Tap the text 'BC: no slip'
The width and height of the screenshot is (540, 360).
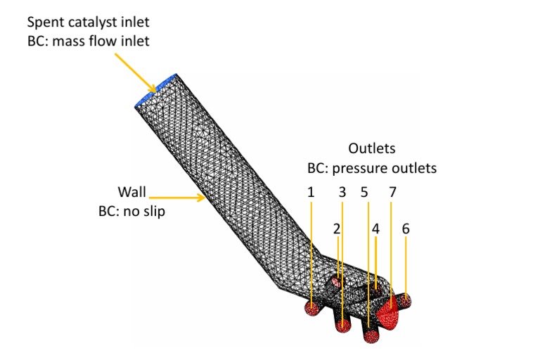pyautogui.click(x=131, y=211)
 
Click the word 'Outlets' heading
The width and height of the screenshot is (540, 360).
pyautogui.click(x=372, y=149)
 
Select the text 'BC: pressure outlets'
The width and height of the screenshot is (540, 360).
pyautogui.click(x=372, y=169)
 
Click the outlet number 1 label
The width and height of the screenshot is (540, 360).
pyautogui.click(x=310, y=191)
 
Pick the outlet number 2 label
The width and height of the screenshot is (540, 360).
pyautogui.click(x=337, y=229)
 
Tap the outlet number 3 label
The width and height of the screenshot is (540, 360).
pyautogui.click(x=342, y=191)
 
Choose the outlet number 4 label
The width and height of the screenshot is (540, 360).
pyautogui.click(x=375, y=229)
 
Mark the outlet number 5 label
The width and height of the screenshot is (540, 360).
pyautogui.click(x=364, y=191)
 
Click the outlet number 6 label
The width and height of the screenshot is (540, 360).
pyautogui.click(x=406, y=229)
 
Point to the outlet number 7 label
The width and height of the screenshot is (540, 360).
pyautogui.click(x=392, y=191)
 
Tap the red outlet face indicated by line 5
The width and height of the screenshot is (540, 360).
pyautogui.click(x=371, y=336)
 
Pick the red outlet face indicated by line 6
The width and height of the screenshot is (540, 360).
pyautogui.click(x=405, y=301)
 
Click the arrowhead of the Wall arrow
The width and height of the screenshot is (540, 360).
pyautogui.click(x=204, y=198)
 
